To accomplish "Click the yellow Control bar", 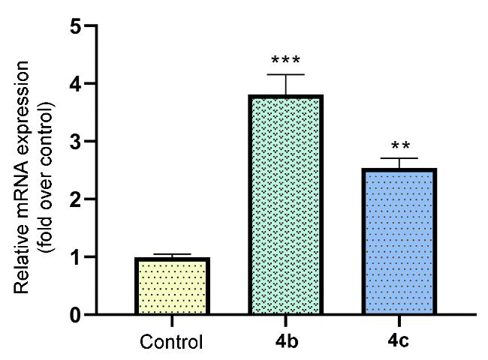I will click(x=171, y=286).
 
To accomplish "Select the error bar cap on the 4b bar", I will click(x=285, y=75).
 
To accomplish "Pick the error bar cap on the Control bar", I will click(x=171, y=255).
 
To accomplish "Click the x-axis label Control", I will click(x=171, y=343).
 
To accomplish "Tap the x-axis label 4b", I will click(x=285, y=342).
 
